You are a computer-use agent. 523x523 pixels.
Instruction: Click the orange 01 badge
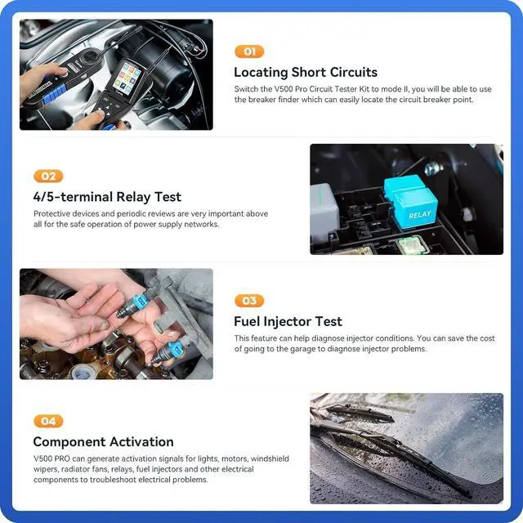point(249,51)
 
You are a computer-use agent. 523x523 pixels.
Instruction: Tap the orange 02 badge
point(47,176)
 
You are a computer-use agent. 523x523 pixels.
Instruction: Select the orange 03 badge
point(249,301)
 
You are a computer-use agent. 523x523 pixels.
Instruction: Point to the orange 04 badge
point(47,421)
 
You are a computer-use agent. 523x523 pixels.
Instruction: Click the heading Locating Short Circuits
point(306,73)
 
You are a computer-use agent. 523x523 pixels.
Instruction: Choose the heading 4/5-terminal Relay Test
point(107,197)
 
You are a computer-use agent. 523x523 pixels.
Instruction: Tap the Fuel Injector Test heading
point(288,321)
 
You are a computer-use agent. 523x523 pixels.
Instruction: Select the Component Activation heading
point(103,442)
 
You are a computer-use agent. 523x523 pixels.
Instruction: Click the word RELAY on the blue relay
point(419,215)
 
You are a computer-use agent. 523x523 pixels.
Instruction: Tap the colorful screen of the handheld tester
point(127,78)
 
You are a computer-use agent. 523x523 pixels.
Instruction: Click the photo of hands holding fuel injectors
point(116,324)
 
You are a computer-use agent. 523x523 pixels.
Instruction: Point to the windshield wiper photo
point(406,448)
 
